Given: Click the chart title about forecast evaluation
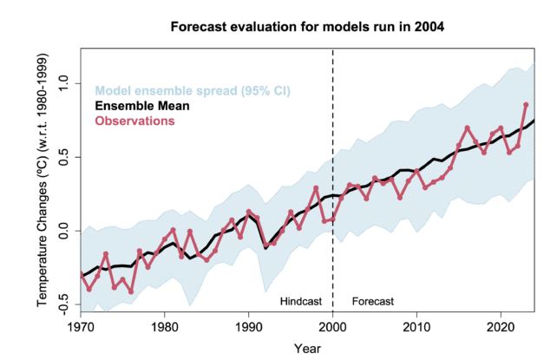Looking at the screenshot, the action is click(x=307, y=27).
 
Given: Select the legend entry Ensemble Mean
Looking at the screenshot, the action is click(x=142, y=106).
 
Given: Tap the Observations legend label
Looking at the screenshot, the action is click(x=135, y=121).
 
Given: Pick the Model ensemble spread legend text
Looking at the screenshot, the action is click(x=193, y=91).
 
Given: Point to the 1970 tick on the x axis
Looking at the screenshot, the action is click(x=81, y=327).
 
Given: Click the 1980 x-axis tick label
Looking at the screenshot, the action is click(x=165, y=327).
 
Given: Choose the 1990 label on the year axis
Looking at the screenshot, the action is click(x=249, y=327).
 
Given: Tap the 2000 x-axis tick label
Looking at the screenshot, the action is click(x=332, y=327).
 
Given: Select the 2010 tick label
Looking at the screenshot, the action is click(x=416, y=327).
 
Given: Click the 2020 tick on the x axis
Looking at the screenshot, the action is click(x=501, y=327).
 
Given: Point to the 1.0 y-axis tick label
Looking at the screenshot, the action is click(x=63, y=83).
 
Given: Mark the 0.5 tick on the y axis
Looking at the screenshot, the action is click(x=63, y=157).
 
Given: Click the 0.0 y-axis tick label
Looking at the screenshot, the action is click(x=63, y=231).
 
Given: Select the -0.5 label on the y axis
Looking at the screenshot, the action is click(x=63, y=304).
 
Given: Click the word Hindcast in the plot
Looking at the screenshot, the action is click(x=301, y=301).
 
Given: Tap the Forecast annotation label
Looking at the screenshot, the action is click(x=373, y=301).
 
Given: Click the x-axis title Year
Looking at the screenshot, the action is click(x=307, y=349).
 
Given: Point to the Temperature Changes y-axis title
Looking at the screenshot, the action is click(x=43, y=180).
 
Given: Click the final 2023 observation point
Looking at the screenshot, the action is click(x=526, y=105).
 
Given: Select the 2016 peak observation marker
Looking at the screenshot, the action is click(x=467, y=128).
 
